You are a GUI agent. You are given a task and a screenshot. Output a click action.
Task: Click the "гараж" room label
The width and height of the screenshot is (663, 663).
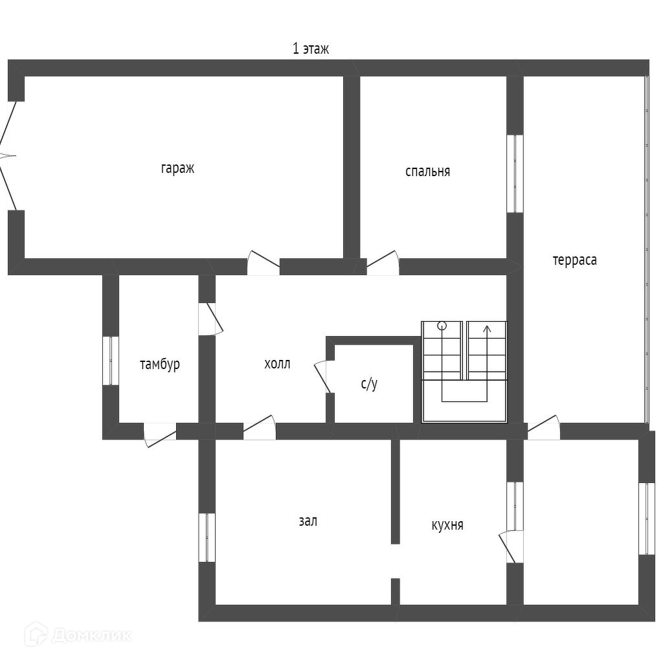[x=177, y=168]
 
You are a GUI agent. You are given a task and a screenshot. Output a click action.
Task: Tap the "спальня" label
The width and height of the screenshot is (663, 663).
[x=427, y=171]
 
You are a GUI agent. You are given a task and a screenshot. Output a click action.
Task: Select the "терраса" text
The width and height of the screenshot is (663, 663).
[x=575, y=260]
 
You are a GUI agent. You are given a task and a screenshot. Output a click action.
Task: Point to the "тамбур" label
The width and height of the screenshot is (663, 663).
[x=160, y=364]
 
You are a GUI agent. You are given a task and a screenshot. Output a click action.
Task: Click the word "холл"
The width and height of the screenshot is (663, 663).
[x=277, y=364]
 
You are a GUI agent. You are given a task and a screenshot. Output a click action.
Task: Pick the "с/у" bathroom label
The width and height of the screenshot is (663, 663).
[x=369, y=383]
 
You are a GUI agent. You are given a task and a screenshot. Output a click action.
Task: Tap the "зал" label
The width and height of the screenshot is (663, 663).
[x=308, y=521]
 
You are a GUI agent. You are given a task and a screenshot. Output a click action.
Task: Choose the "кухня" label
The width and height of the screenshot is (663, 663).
[x=447, y=524]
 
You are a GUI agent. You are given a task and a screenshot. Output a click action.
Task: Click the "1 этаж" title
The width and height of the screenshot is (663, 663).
[x=311, y=49]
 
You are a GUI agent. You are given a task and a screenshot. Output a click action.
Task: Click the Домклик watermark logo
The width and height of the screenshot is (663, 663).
[x=78, y=635]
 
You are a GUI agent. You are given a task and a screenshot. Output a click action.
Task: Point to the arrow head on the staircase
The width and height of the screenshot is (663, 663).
[x=487, y=328]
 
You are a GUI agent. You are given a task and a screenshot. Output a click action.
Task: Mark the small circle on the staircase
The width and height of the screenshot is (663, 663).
[x=442, y=326]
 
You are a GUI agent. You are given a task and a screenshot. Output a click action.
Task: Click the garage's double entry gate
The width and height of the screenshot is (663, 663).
[x=8, y=156]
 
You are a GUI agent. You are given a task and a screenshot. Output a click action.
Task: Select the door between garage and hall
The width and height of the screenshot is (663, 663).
[x=264, y=262]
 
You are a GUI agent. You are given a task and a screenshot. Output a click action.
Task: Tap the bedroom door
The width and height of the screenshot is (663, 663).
[x=383, y=262]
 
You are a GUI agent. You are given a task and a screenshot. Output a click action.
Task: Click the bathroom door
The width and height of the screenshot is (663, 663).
[x=324, y=376]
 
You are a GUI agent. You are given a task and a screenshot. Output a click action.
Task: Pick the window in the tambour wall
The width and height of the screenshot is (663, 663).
[x=111, y=361]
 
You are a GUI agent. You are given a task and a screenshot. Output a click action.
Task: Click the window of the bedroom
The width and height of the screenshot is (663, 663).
[x=515, y=174]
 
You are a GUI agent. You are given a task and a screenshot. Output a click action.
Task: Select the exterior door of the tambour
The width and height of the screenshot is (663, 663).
[x=160, y=435]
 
